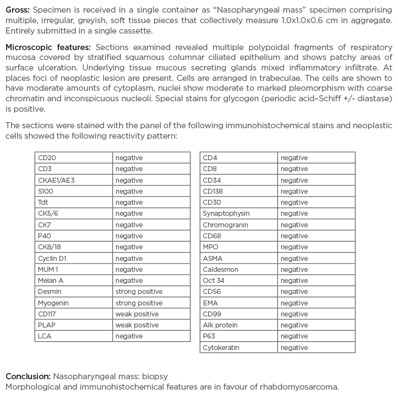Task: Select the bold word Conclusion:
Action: pyautogui.click(x=28, y=376)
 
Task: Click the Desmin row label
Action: pyautogui.click(x=50, y=292)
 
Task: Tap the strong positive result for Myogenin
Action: pyautogui.click(x=139, y=303)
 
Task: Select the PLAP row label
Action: pyautogui.click(x=47, y=325)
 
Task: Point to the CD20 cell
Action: pyautogui.click(x=47, y=158)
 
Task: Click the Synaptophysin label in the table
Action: pyautogui.click(x=226, y=214)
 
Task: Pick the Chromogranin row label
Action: pyautogui.click(x=225, y=225)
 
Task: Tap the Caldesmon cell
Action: pyautogui.click(x=220, y=269)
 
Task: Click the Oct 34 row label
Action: pyautogui.click(x=214, y=280)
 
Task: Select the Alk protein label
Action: pyautogui.click(x=220, y=325)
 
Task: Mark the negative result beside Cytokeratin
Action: pyautogui.click(x=294, y=347)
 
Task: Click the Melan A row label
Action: pyautogui.click(x=51, y=280)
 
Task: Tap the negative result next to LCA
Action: pyautogui.click(x=129, y=336)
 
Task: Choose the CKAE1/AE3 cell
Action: pyautogui.click(x=56, y=180)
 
